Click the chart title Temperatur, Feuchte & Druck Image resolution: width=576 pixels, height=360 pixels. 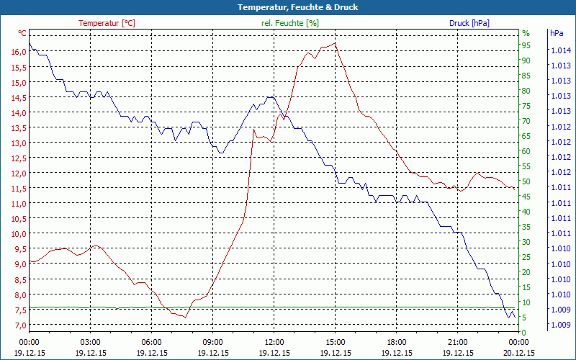(x=287, y=7)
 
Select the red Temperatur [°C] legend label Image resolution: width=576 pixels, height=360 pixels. (x=107, y=23)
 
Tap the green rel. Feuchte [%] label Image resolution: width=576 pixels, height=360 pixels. (x=289, y=23)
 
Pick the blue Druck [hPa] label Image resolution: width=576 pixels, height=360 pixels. (x=469, y=23)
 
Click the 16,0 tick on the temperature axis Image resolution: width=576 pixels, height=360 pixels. (x=19, y=52)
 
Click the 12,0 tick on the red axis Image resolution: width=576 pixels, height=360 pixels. (x=19, y=173)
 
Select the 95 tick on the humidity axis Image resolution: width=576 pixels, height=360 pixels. (x=526, y=45)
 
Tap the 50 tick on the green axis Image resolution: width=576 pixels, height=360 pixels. (x=526, y=181)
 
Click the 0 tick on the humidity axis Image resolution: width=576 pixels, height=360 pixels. (x=524, y=332)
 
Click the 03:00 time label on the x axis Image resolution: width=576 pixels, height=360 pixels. (x=90, y=342)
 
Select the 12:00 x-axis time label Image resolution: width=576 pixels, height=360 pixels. (x=274, y=342)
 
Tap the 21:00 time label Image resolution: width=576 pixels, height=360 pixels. (x=457, y=342)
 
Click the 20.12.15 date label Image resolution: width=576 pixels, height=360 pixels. (x=519, y=353)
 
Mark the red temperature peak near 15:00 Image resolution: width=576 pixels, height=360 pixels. (x=335, y=43)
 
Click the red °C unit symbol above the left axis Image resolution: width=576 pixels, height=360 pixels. (x=22, y=33)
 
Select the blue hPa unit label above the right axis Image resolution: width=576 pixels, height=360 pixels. (x=557, y=33)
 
